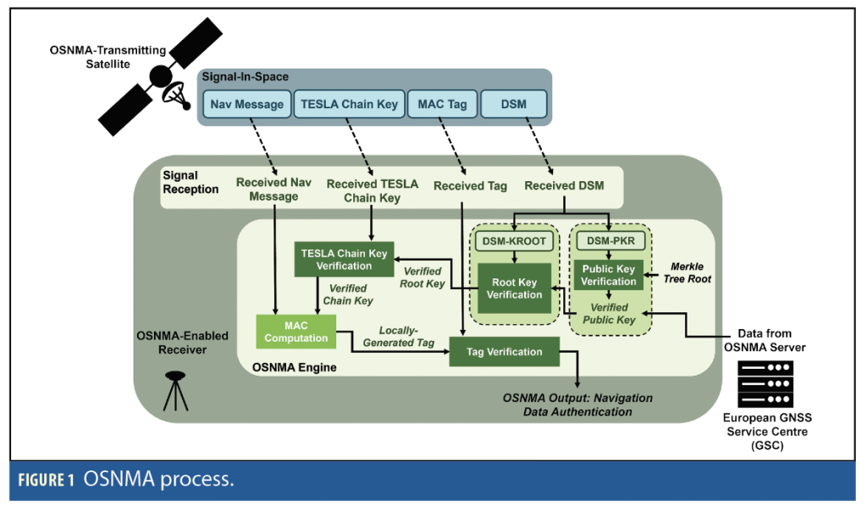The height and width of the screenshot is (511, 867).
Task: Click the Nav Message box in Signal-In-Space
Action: tap(247, 105)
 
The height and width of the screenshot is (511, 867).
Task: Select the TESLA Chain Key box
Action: tap(348, 105)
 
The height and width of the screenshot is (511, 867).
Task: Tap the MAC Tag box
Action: tap(442, 105)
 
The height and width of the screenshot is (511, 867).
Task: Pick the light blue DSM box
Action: tap(513, 105)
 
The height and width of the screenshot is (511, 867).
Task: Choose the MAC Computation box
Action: tap(295, 332)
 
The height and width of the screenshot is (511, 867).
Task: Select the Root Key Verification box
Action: tap(514, 288)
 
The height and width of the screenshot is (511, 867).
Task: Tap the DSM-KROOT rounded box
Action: tap(514, 241)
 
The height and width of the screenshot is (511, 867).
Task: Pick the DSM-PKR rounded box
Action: tap(609, 241)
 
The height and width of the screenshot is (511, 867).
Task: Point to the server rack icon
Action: tap(765, 384)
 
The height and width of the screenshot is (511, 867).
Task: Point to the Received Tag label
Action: tap(470, 185)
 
